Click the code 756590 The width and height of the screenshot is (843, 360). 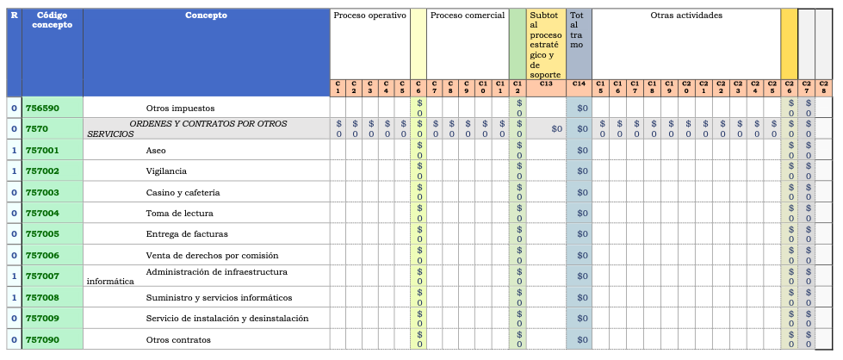point(42,108)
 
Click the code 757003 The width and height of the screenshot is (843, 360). point(42,192)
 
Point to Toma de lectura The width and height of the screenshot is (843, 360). point(179,213)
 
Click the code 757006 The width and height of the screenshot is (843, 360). point(42,255)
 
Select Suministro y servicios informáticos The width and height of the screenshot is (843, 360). point(219,298)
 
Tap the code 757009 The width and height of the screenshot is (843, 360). point(42,319)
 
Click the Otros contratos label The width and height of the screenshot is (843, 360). point(178,339)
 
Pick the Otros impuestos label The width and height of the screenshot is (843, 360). point(180,108)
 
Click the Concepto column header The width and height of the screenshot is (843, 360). point(207,16)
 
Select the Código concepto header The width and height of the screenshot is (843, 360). point(52,20)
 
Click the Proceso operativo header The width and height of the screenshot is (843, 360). point(369,16)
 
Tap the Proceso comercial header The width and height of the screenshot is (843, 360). point(467,16)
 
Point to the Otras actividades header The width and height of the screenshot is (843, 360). point(686,16)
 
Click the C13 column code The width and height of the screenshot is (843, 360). point(546,84)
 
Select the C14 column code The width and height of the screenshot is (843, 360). point(579,84)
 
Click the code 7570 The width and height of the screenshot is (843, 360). point(37,128)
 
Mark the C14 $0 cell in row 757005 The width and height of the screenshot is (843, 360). point(582,234)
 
